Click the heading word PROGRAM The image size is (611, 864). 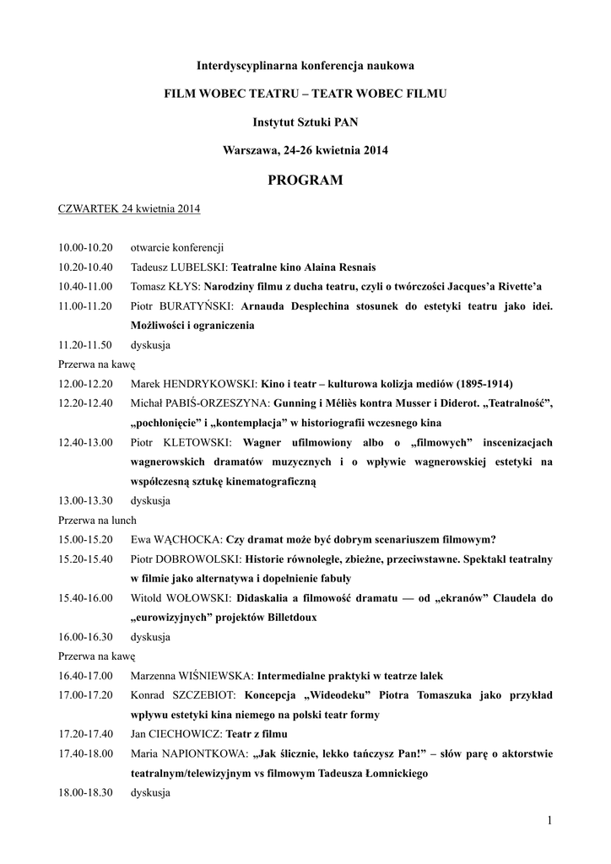[305, 180]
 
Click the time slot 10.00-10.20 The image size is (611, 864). [85, 247]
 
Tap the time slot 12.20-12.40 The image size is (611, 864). [85, 402]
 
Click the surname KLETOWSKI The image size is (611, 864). [201, 441]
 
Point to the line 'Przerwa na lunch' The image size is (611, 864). [97, 520]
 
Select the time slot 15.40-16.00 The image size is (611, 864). [85, 597]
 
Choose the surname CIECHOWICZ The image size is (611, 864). [184, 734]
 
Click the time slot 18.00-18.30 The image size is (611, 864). [85, 792]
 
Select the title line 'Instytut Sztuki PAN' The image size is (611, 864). [305, 121]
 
